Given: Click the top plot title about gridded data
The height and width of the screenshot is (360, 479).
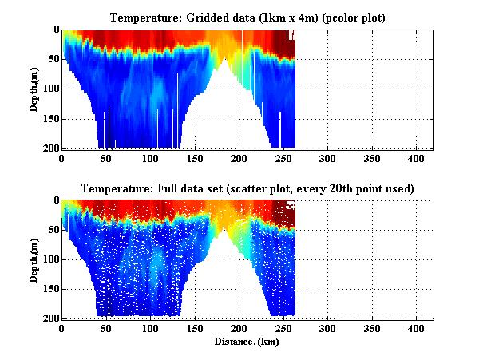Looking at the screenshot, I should coord(247,18).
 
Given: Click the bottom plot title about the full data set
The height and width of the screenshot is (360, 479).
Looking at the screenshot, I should coord(247,188).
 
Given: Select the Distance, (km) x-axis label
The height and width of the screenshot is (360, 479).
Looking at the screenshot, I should coord(247,342).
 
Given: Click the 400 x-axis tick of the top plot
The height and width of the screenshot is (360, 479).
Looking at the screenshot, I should coord(415,158).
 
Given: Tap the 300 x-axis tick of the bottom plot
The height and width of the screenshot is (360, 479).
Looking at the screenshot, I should coord(327,329).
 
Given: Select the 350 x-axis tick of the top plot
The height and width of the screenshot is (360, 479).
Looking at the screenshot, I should coord(370,158).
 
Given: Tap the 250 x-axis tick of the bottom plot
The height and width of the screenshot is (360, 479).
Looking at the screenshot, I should coord(283,329).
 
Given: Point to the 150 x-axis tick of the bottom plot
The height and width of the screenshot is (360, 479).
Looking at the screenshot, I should coord(194,329).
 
